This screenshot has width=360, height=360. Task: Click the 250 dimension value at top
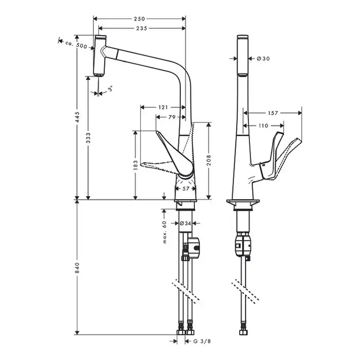coord(138,19)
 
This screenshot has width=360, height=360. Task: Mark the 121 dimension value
coord(163,107)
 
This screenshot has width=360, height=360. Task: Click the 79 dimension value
coord(172,117)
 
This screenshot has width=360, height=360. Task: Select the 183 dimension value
coord(135,165)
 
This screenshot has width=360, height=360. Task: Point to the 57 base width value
coord(186,189)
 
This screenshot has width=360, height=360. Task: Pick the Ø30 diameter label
coord(263,59)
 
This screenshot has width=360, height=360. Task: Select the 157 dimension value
coord(273,112)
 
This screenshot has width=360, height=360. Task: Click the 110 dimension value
coord(263,125)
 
